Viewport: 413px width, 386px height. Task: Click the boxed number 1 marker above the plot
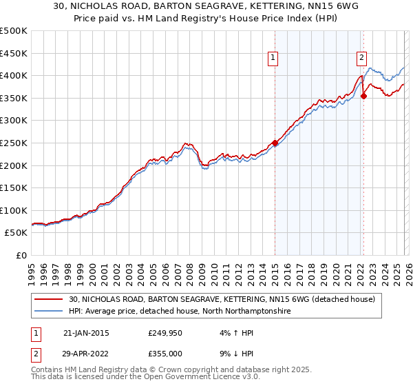coord(274,58)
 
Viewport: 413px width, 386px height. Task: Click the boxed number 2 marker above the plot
coord(361,58)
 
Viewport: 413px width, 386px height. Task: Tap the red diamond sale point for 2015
coord(275,143)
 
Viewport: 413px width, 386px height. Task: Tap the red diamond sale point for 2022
coord(363,96)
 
